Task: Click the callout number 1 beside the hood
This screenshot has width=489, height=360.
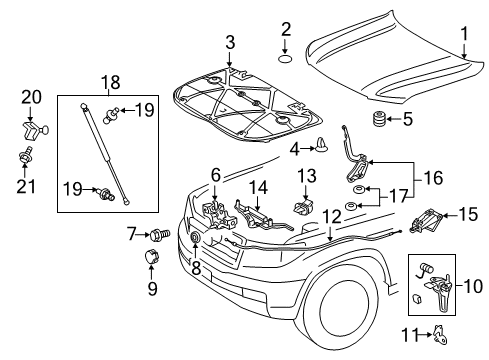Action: pyautogui.click(x=462, y=35)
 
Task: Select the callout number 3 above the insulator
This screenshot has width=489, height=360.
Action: pyautogui.click(x=229, y=43)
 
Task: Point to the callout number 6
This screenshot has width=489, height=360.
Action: pyautogui.click(x=214, y=174)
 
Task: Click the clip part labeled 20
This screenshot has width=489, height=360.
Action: pyautogui.click(x=31, y=127)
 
